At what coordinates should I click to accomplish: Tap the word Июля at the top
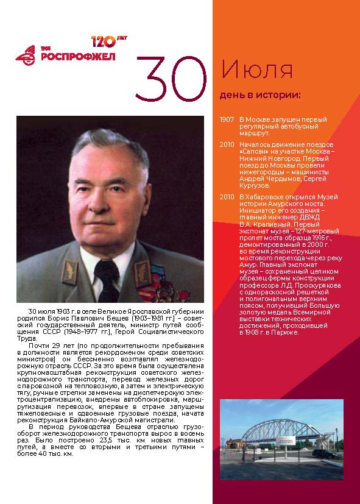256,71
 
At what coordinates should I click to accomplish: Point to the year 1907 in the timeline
227,119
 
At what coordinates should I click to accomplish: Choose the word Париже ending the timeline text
285,332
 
